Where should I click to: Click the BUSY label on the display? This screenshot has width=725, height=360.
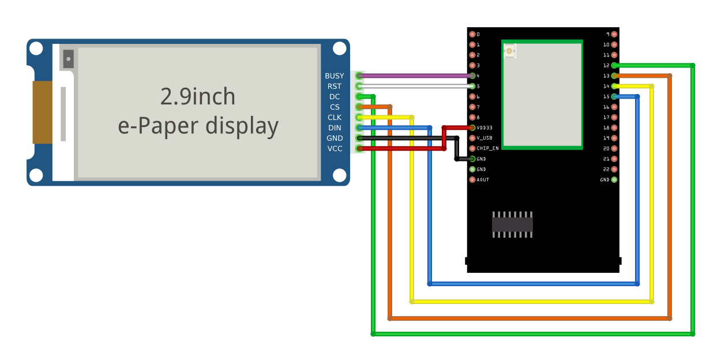click(x=334, y=76)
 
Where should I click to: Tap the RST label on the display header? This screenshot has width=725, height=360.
click(x=335, y=87)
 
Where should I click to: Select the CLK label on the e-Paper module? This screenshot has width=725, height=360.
click(x=335, y=118)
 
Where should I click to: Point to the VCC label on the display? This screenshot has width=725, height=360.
click(x=335, y=149)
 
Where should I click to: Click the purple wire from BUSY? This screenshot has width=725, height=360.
click(x=415, y=76)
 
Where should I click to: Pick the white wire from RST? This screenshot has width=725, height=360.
click(x=415, y=86)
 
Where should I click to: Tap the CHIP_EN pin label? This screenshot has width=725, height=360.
click(x=487, y=148)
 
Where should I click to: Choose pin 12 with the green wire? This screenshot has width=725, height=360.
click(x=614, y=65)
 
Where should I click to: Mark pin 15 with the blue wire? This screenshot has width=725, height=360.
click(x=614, y=96)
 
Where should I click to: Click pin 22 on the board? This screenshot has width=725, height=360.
click(x=614, y=169)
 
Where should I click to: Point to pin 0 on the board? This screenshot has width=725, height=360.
click(x=472, y=34)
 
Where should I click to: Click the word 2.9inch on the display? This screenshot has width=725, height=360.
click(x=198, y=96)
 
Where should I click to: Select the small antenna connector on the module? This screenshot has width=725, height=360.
click(x=509, y=51)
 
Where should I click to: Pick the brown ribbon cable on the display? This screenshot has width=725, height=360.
click(x=42, y=112)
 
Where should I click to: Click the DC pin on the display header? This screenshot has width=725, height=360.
click(x=360, y=96)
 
